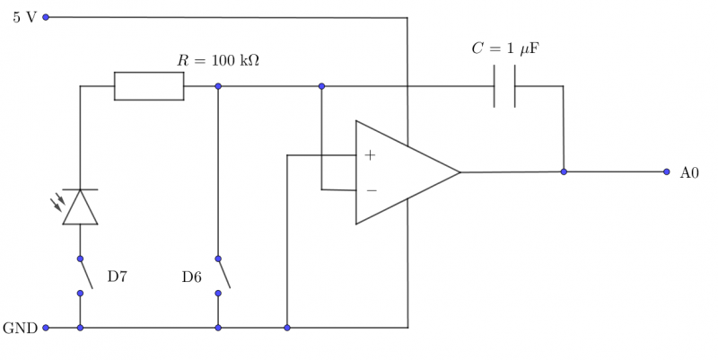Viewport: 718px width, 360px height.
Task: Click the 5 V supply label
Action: [x=24, y=17]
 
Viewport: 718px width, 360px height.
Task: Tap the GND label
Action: [x=20, y=329]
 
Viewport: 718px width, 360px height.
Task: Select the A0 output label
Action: [x=688, y=172]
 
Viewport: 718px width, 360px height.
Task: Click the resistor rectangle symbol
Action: [x=149, y=86]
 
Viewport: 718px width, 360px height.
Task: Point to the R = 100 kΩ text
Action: [x=218, y=61]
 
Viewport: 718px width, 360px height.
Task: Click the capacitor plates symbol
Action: [x=504, y=86]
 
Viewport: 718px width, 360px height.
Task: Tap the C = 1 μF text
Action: [x=504, y=48]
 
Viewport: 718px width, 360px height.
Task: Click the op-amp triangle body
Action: [x=399, y=172]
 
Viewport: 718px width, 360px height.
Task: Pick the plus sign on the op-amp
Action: [x=370, y=155]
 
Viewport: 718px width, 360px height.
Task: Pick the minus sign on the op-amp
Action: [x=371, y=190]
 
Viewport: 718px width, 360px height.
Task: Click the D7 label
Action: [x=118, y=277]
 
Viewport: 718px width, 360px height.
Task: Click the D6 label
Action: [x=191, y=277]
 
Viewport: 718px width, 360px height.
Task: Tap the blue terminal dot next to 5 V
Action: [x=46, y=17]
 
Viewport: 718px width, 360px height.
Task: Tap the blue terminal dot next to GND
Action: [x=46, y=329]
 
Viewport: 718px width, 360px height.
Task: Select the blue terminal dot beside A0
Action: [x=666, y=171]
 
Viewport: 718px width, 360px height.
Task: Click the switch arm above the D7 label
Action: [x=85, y=274]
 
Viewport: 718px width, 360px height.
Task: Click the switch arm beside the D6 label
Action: [x=223, y=274]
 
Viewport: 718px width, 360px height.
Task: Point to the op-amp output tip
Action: [x=460, y=172]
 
